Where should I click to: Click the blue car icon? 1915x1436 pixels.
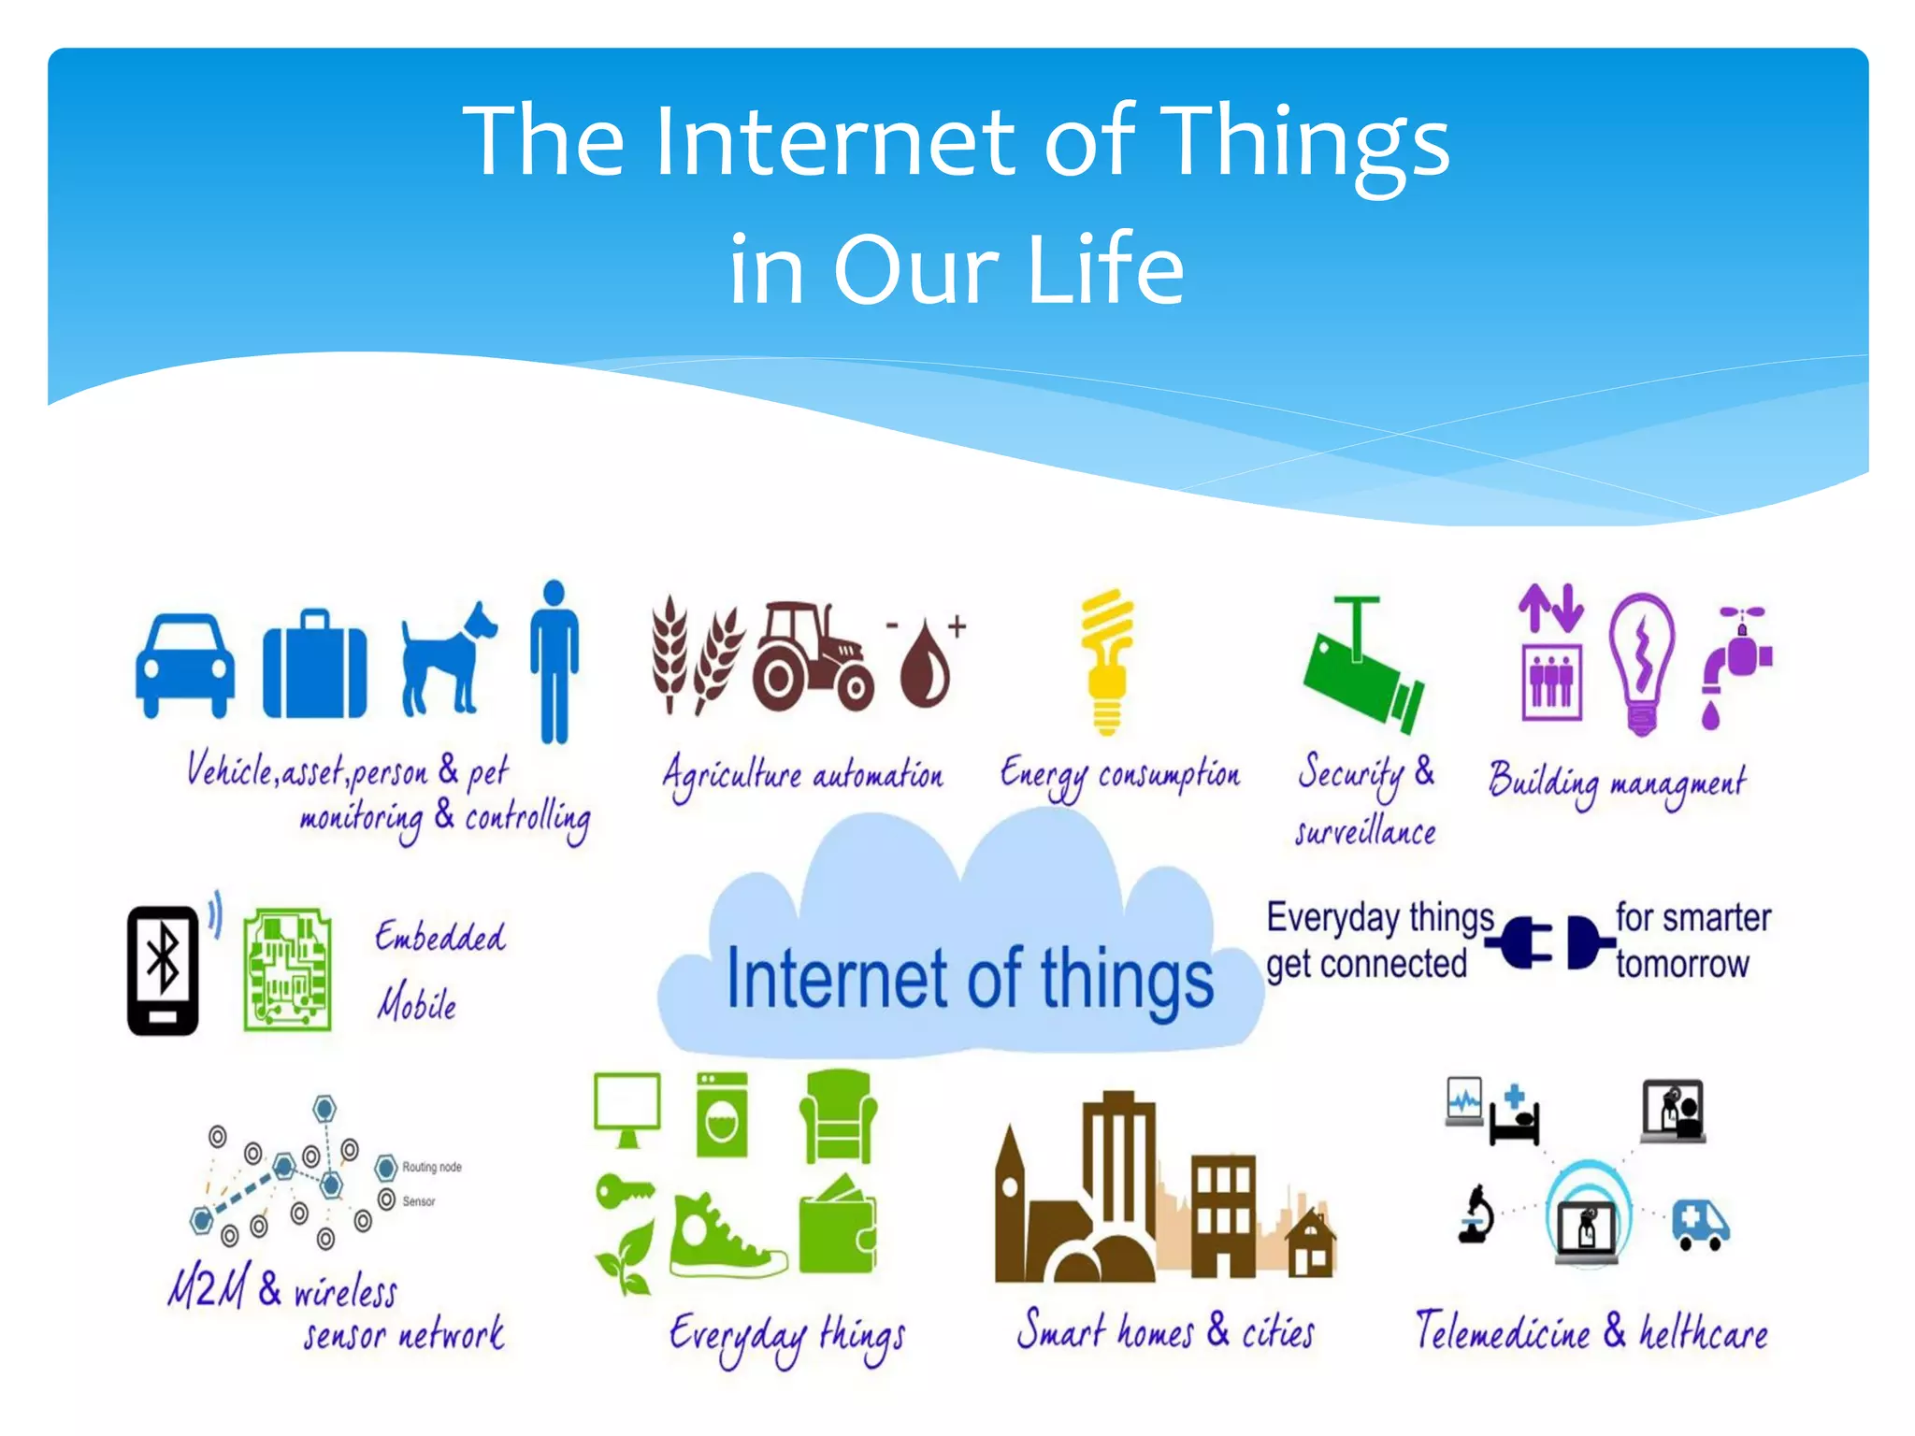pyautogui.click(x=185, y=665)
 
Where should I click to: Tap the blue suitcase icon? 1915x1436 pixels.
pyautogui.click(x=314, y=666)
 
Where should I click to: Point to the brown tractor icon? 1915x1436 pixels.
pyautogui.click(x=812, y=655)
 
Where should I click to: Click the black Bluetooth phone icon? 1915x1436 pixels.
pyautogui.click(x=164, y=969)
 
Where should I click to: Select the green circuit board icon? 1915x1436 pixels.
pyautogui.click(x=287, y=969)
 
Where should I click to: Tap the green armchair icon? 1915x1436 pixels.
pyautogui.click(x=838, y=1116)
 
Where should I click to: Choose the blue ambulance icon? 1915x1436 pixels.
pyautogui.click(x=1700, y=1224)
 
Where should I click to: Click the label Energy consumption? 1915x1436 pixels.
pyautogui.click(x=1119, y=776)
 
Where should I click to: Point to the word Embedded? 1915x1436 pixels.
pyautogui.click(x=439, y=937)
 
